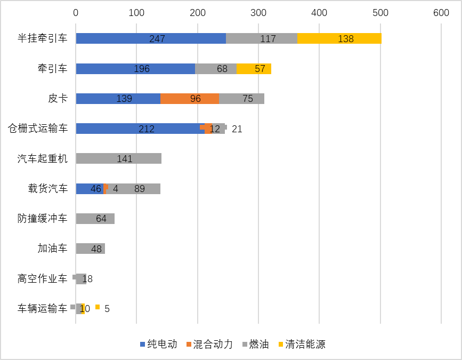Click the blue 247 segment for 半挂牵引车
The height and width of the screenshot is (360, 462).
tap(151, 38)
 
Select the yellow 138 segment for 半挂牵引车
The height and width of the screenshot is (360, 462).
tap(339, 38)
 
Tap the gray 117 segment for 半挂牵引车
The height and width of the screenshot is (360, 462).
tap(261, 38)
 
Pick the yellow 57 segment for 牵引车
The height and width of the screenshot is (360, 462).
tap(254, 69)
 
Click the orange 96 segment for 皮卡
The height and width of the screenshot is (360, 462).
tap(190, 99)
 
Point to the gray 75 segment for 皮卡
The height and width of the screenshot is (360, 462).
tap(241, 99)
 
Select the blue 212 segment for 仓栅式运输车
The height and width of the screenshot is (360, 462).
tap(140, 129)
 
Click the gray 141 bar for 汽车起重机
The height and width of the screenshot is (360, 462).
tap(118, 158)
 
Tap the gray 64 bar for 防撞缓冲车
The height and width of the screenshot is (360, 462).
tap(95, 219)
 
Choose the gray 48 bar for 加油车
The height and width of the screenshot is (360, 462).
tap(90, 249)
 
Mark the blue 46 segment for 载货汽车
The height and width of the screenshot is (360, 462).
tap(90, 189)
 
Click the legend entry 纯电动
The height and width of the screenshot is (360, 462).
tap(158, 344)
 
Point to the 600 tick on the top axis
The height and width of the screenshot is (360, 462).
tap(441, 13)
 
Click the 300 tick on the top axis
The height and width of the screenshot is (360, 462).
tap(258, 13)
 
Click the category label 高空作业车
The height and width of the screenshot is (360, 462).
tap(43, 278)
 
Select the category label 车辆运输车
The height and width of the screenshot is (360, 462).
tap(43, 308)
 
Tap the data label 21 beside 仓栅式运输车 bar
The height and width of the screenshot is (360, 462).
tap(237, 129)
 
